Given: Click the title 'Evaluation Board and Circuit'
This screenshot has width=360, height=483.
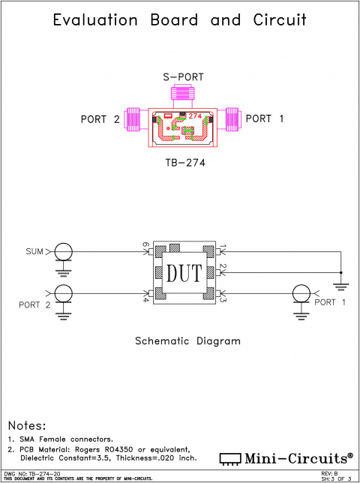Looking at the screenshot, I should (x=180, y=20).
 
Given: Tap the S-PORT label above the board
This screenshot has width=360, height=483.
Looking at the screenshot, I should (x=184, y=77).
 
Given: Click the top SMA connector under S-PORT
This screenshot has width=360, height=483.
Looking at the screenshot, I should (x=182, y=94).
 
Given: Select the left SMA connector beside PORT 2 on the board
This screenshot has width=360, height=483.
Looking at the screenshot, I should (x=135, y=118).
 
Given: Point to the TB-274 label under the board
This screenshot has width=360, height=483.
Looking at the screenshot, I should (x=184, y=161).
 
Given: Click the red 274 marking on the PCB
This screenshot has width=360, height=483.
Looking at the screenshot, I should (x=195, y=115).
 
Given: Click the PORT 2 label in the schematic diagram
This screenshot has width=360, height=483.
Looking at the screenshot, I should (x=34, y=304).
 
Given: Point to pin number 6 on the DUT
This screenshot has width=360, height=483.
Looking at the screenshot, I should (x=145, y=245).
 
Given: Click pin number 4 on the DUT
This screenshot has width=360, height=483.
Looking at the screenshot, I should (x=145, y=300).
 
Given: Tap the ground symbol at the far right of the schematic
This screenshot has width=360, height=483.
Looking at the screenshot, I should (x=341, y=283).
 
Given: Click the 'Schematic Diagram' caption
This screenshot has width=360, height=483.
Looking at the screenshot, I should (x=187, y=341).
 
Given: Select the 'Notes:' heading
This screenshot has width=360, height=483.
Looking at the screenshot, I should (x=27, y=425).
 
